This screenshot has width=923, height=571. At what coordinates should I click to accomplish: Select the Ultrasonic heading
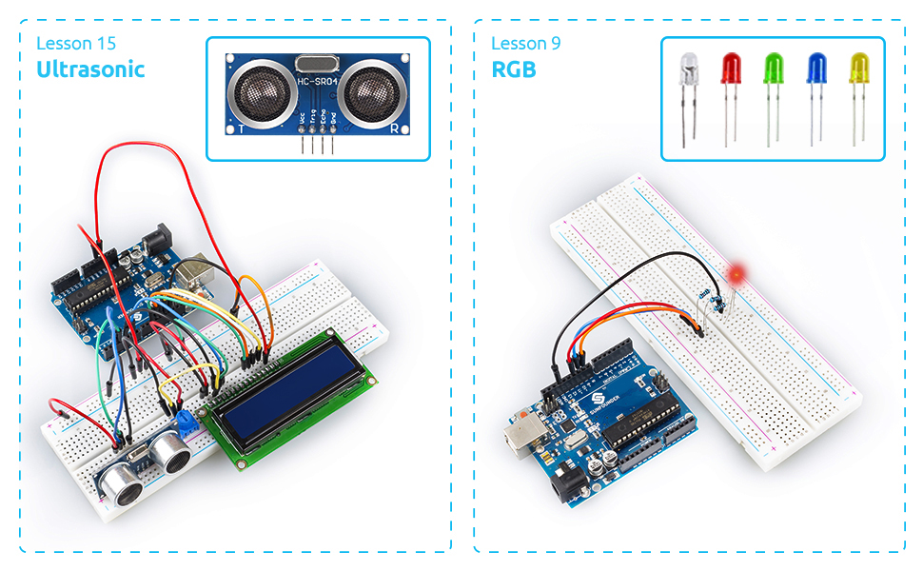(x=90, y=69)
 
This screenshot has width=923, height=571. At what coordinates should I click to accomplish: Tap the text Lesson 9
(x=525, y=44)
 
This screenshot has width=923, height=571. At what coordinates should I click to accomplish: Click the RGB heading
(x=514, y=69)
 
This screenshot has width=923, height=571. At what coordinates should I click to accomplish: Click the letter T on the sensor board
(x=243, y=126)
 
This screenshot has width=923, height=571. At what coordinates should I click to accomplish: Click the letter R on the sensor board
(x=394, y=126)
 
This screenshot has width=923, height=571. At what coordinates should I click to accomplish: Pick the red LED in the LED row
(x=732, y=69)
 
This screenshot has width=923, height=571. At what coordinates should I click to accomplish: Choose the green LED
(x=775, y=69)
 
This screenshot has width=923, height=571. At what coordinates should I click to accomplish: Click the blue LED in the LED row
(x=816, y=69)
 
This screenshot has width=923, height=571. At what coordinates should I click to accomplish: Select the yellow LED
(x=859, y=69)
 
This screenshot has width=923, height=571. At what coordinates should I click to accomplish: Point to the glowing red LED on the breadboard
(x=736, y=276)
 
